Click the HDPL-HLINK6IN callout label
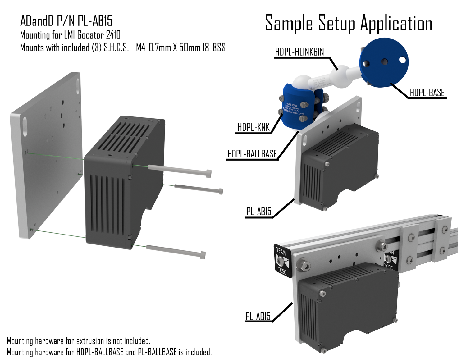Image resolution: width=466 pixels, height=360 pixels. coord(299,52)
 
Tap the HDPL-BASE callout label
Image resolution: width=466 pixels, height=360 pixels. coord(427,93)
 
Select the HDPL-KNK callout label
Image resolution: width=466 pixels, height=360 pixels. coord(254,127)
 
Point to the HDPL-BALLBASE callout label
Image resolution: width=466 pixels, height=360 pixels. coord(252,154)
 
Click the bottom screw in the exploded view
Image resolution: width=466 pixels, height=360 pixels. coord(176,251)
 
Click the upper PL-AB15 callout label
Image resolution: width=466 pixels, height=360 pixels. coord(259,212)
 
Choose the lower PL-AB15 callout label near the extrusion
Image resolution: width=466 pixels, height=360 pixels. coord(258,316)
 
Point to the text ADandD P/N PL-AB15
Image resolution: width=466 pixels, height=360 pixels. coord(66,21)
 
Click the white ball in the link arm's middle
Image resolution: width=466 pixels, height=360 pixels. coord(339,75)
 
